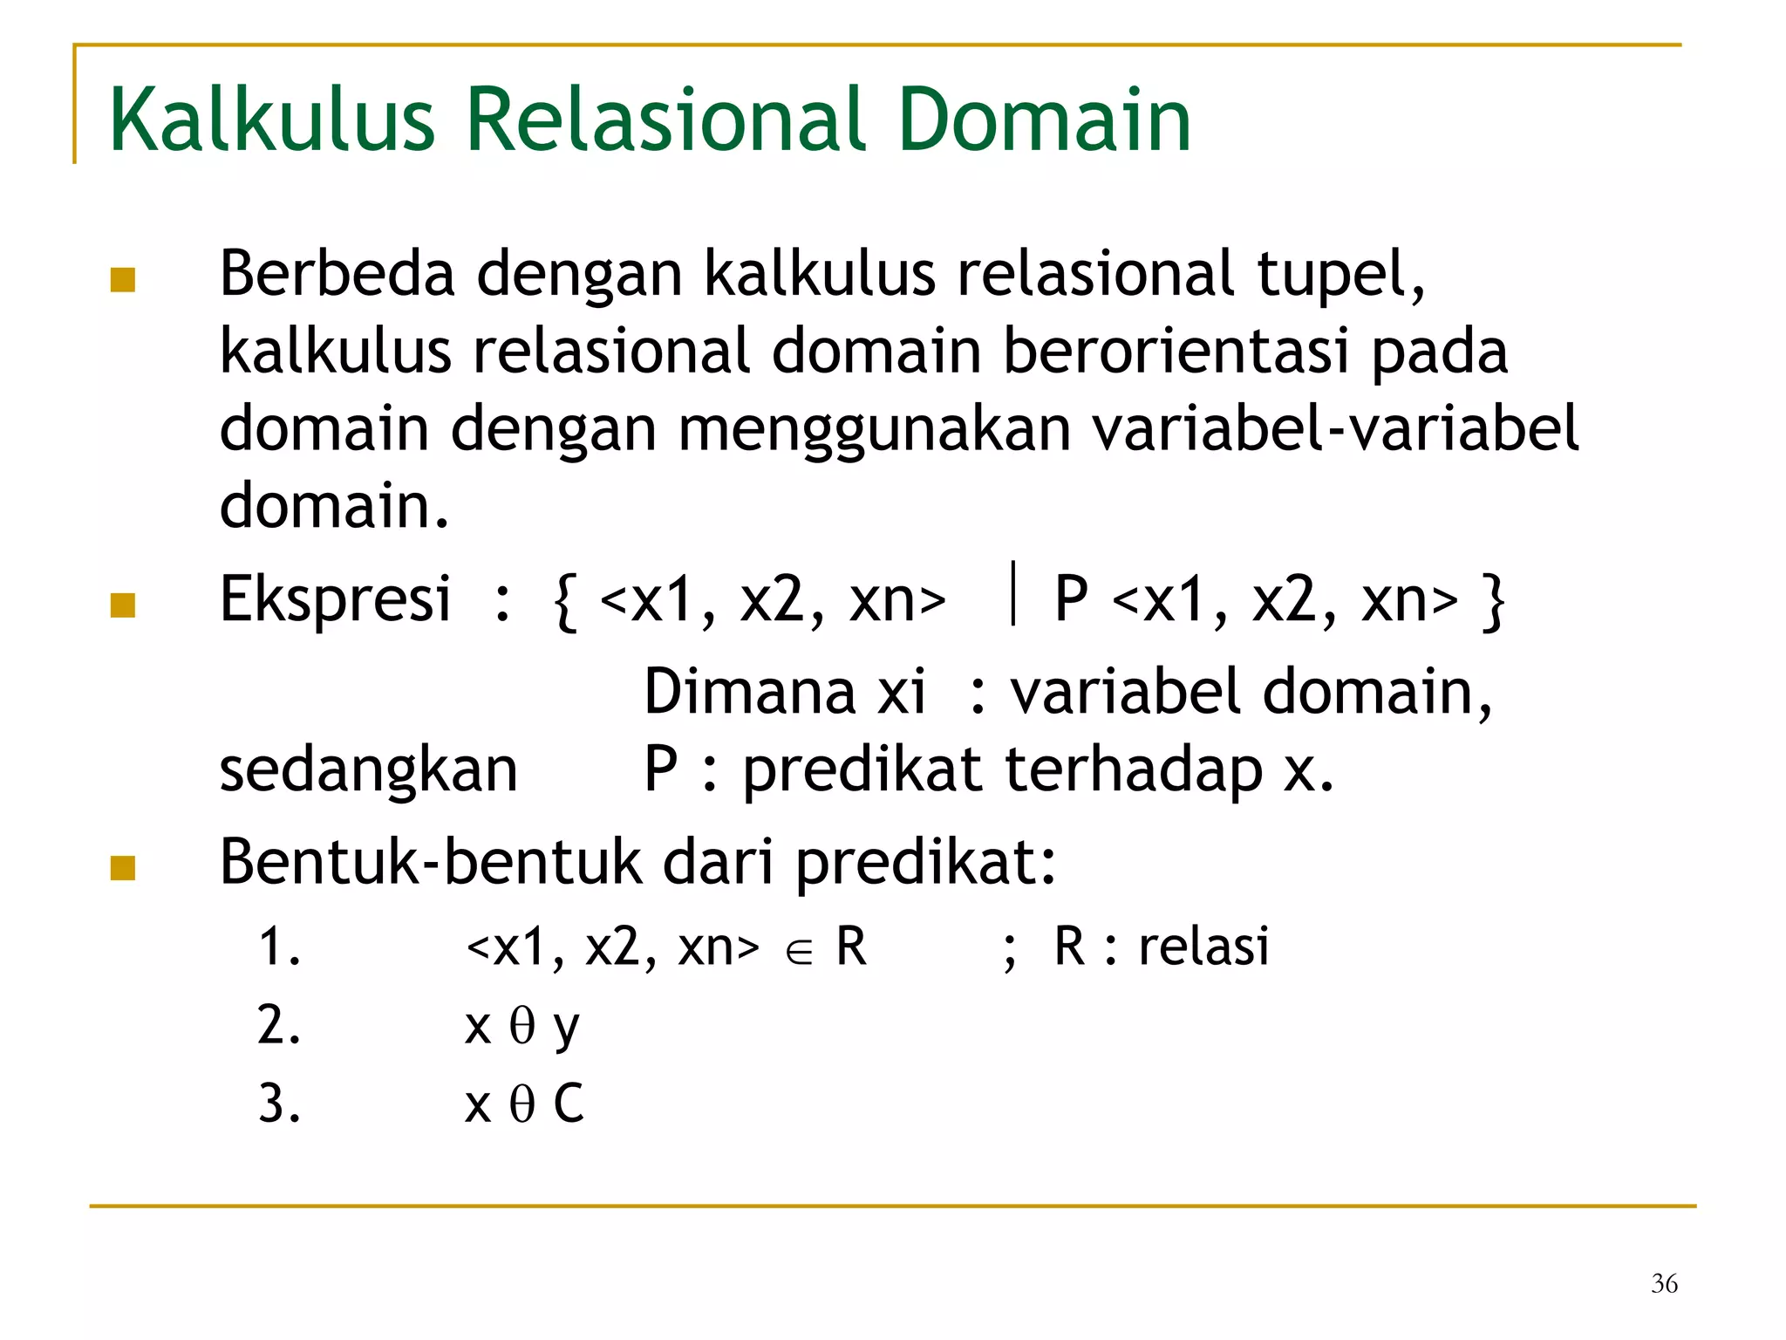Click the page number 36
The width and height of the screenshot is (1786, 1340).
[x=1664, y=1283]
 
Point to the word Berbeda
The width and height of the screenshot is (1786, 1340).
[x=337, y=274]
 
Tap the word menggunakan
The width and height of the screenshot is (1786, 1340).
[x=874, y=429]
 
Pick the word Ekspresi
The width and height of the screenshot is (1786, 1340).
[x=335, y=599]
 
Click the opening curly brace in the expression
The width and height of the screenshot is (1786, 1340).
[x=565, y=602]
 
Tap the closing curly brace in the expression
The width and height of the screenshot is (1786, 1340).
[x=1493, y=602]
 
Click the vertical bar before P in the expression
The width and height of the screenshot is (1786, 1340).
[x=1012, y=594]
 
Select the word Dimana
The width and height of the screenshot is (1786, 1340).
[x=749, y=692]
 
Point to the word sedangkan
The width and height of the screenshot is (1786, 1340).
[x=368, y=770]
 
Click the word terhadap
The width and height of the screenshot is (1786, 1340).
[x=1133, y=770]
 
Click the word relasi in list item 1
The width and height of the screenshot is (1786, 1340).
[x=1203, y=947]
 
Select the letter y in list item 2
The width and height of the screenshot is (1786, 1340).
[x=566, y=1029]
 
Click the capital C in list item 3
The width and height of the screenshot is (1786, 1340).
[x=569, y=1104]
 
